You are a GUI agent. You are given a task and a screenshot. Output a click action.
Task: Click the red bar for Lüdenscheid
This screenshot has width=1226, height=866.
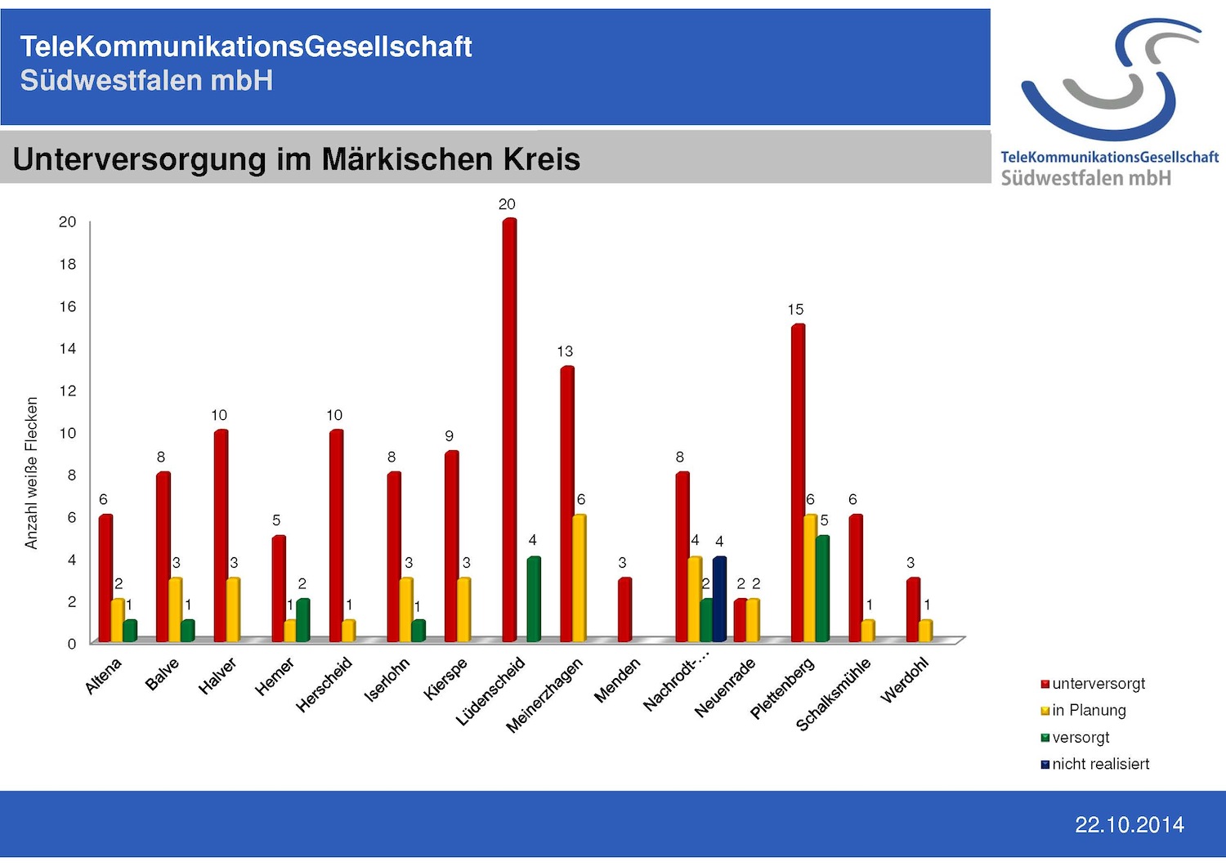[x=509, y=430]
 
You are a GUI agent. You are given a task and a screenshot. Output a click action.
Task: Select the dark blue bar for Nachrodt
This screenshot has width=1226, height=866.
[x=719, y=599]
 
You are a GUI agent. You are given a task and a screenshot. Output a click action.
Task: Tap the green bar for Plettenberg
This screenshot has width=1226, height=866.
[x=822, y=588]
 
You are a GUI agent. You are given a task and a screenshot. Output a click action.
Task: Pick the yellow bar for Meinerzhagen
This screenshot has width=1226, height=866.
[x=579, y=578]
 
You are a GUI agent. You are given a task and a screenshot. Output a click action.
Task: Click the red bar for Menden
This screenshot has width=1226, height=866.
[x=624, y=609]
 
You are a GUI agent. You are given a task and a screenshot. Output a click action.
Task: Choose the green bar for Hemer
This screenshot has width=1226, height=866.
[x=302, y=620]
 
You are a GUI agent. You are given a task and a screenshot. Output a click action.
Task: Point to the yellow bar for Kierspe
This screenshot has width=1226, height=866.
[x=463, y=609]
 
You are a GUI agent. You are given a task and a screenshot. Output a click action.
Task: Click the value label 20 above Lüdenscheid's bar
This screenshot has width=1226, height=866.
[x=507, y=204]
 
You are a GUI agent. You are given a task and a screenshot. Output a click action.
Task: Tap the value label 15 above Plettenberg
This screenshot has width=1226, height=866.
[x=795, y=310]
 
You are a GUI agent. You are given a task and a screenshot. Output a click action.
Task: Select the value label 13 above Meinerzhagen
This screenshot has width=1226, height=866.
[x=565, y=351]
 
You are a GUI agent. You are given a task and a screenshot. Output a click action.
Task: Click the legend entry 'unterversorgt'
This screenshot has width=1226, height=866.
[x=1098, y=684]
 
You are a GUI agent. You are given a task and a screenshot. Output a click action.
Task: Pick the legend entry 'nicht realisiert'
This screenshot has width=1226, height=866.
[x=1100, y=764]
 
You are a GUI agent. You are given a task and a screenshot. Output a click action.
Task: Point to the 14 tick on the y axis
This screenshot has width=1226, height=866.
[x=67, y=349]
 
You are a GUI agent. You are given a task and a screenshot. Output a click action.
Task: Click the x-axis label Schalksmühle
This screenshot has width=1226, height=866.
[x=834, y=694]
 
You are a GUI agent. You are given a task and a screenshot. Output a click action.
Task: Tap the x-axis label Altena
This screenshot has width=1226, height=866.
[x=104, y=676]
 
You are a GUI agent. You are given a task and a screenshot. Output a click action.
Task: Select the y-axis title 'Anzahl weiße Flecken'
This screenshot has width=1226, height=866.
[x=31, y=473]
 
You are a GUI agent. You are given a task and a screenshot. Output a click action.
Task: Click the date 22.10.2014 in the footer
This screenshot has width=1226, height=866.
[x=1129, y=825]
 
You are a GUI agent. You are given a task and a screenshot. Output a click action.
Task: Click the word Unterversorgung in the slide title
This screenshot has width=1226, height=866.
[x=140, y=159]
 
